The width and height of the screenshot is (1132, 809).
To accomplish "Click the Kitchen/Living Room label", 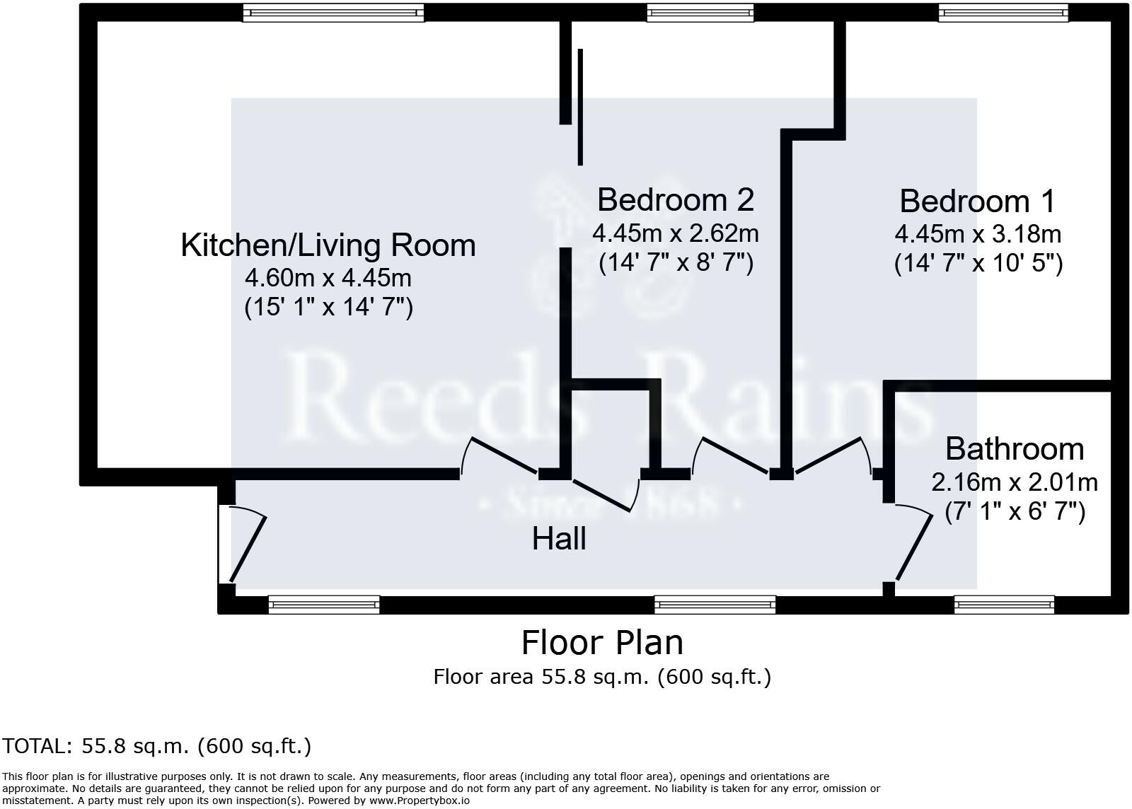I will click(x=328, y=245).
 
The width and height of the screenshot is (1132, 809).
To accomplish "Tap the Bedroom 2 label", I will click(x=676, y=199).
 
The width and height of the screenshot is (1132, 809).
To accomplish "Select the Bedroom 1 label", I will click(x=977, y=202).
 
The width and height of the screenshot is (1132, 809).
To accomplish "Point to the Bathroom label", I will click(x=1015, y=449).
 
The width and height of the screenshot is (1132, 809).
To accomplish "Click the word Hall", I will click(x=559, y=539).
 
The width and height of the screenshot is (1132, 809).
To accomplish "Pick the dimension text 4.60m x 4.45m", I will click(x=328, y=277).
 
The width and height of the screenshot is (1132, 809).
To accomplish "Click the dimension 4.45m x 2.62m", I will click(x=676, y=232).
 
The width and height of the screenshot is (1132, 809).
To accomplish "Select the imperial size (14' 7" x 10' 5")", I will click(x=978, y=263).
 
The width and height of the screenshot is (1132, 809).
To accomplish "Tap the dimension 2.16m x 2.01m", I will click(x=1015, y=482).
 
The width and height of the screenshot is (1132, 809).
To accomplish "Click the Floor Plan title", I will click(x=602, y=643).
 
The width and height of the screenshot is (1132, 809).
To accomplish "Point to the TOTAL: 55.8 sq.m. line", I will click(x=156, y=746).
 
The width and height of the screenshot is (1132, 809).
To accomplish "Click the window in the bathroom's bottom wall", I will click(x=1004, y=605).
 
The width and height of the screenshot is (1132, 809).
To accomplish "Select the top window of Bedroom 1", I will click(x=1003, y=13).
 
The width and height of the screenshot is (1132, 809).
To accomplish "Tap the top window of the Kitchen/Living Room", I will click(x=333, y=13).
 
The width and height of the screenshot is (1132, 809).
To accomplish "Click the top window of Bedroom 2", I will click(x=700, y=13).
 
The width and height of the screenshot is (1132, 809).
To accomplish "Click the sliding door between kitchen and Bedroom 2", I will click(x=580, y=106).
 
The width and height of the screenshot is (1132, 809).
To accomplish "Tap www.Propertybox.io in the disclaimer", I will click(x=419, y=801).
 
